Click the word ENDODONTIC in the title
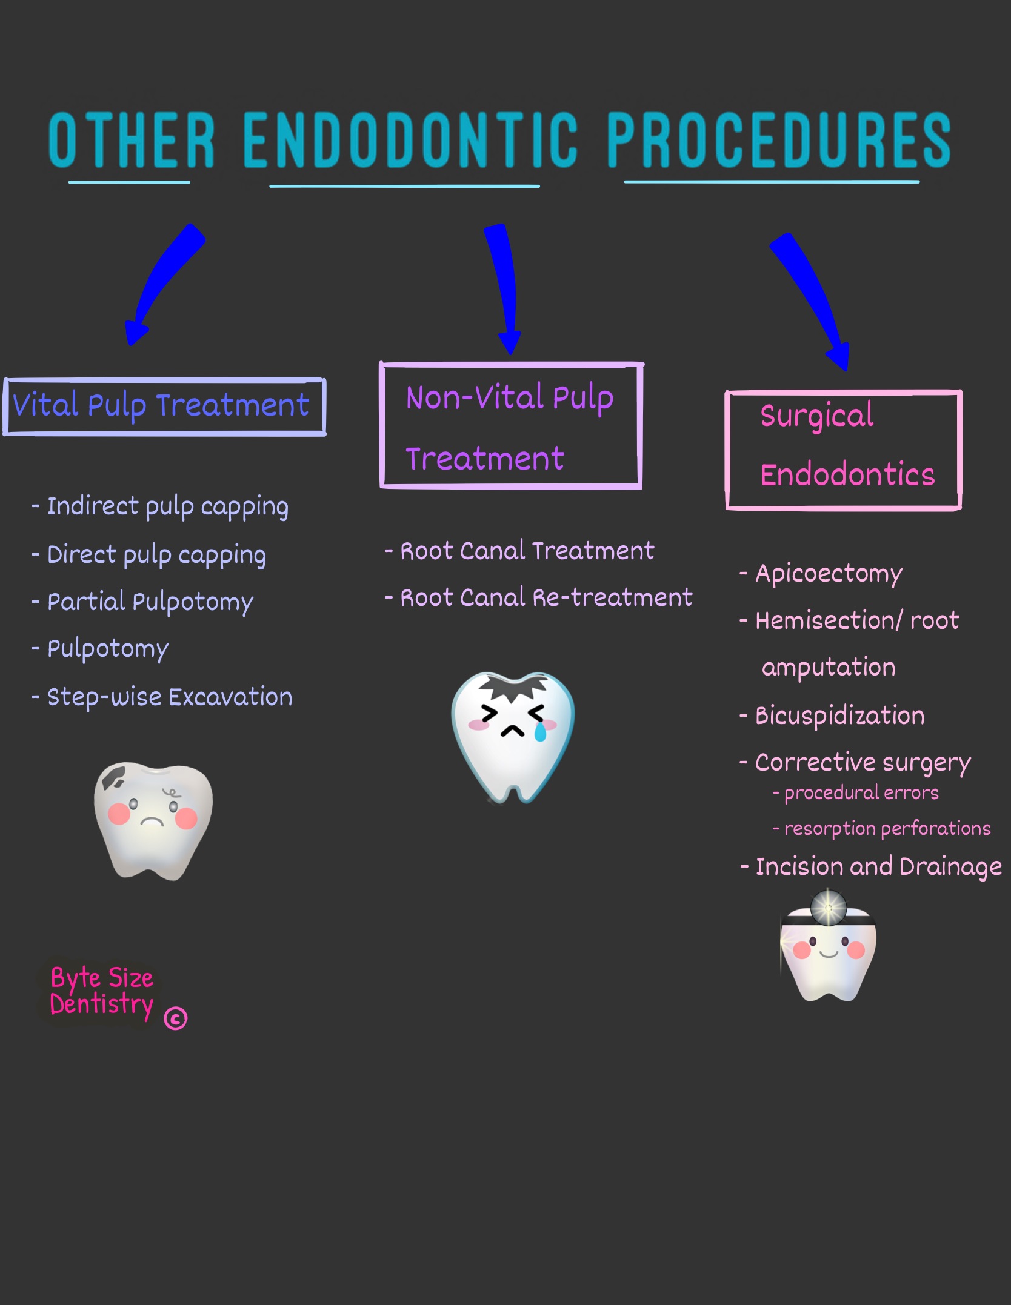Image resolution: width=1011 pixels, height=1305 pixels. (410, 140)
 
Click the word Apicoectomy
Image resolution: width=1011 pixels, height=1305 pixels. (829, 574)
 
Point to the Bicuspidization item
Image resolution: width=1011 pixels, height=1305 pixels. (839, 716)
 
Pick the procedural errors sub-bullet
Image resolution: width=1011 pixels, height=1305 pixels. (861, 793)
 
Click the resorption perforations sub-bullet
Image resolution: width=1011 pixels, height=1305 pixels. (887, 828)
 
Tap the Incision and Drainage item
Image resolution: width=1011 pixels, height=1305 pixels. (878, 867)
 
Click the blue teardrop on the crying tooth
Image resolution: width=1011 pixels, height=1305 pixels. (539, 733)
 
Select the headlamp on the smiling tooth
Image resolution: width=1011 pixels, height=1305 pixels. (828, 908)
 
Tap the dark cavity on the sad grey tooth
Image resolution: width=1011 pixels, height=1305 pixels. (114, 778)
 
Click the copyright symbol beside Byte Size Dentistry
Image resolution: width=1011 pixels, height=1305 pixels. (176, 1018)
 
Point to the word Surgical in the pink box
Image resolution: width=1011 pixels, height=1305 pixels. (817, 416)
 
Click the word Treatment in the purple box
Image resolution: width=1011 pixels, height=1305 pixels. (485, 459)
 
